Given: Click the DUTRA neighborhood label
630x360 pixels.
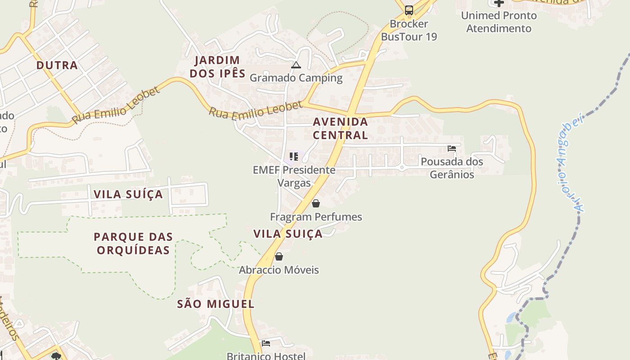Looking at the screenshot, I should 57,65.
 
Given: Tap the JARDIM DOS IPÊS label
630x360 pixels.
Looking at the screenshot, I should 217,67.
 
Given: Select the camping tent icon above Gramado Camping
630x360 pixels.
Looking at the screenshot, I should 296,65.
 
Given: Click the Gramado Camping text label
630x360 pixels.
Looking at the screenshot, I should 296,78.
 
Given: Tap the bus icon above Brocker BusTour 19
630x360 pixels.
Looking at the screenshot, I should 409,10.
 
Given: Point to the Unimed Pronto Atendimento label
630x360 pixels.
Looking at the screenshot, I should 499,22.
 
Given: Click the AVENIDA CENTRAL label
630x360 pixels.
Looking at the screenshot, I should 340,128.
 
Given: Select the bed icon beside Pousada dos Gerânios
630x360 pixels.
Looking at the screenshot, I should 452,148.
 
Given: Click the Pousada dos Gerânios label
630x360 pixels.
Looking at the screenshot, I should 452,168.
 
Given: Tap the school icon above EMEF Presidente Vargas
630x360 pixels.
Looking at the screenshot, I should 294,157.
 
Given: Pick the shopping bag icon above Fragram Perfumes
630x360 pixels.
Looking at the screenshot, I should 316,203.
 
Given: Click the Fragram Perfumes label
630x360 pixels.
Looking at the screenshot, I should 316,217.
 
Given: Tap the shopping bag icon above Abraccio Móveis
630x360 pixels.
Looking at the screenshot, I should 279,256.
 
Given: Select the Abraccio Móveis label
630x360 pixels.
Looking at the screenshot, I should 279,270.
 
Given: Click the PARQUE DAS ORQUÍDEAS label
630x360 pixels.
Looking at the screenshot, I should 133,243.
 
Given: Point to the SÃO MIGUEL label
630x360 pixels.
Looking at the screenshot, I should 216,304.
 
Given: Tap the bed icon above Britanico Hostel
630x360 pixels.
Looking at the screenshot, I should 266,343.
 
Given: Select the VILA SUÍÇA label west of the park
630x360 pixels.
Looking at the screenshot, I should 128,194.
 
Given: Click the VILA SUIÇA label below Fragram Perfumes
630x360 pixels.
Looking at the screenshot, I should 288,234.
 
